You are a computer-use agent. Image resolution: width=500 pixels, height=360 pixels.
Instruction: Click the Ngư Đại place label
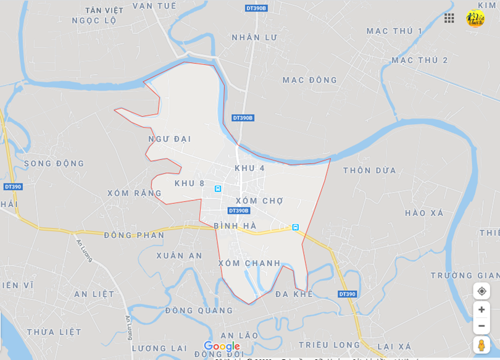point(169,139)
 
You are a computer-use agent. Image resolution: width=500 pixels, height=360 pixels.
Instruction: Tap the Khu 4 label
point(249,168)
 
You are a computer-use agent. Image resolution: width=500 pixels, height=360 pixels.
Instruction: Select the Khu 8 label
point(190,183)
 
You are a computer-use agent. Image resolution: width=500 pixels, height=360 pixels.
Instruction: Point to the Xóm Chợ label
point(259,201)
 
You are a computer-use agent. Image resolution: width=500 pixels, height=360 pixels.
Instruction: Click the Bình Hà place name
point(235,226)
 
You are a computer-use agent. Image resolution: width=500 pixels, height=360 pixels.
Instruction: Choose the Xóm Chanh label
point(249,263)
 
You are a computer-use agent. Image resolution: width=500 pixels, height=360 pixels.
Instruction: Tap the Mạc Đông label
point(310,80)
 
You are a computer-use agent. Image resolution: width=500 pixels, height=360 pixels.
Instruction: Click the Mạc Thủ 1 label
point(394,31)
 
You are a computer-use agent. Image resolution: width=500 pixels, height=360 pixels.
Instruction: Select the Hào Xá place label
point(424,213)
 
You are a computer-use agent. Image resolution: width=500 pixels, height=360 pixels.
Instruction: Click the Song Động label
point(54,164)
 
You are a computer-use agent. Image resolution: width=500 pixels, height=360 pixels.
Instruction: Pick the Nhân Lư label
point(254,37)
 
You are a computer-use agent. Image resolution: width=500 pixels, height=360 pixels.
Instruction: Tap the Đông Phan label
point(134,235)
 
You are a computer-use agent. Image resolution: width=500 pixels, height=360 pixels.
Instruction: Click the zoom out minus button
point(481,325)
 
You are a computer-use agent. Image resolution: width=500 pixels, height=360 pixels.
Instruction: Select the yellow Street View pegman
point(481,345)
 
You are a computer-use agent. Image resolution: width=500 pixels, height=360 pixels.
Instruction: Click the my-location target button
point(481,291)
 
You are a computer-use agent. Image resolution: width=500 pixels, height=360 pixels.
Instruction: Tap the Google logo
point(222,346)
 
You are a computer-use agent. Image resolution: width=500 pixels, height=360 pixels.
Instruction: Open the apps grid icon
point(449,18)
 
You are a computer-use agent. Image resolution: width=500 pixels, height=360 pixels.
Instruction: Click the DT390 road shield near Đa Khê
point(347,294)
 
